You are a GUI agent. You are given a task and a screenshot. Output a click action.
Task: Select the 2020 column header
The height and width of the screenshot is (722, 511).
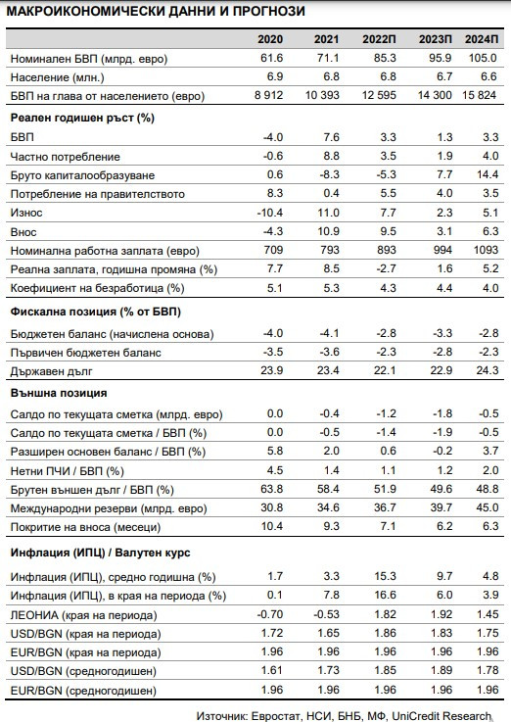tap(270, 39)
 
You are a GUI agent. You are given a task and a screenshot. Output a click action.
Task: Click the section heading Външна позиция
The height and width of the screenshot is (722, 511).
tap(52, 391)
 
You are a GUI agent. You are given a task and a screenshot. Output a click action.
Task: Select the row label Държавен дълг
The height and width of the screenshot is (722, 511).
tap(50, 371)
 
